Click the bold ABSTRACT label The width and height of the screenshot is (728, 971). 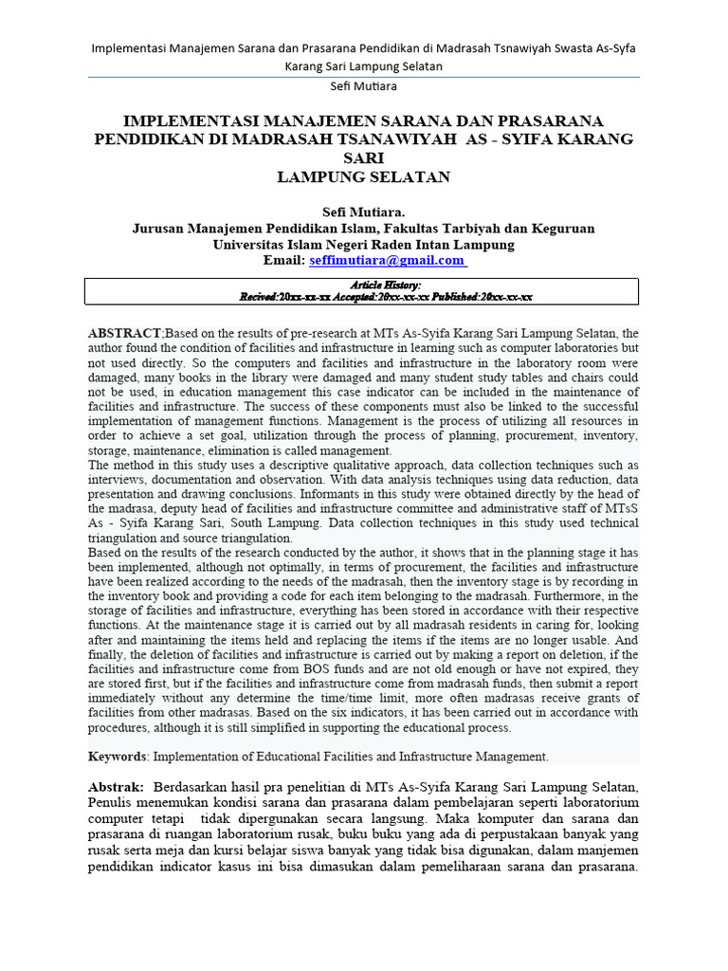click(x=125, y=334)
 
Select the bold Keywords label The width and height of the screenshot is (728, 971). click(x=118, y=756)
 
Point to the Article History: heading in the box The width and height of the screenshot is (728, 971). click(x=386, y=284)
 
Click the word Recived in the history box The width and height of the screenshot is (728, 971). click(x=257, y=297)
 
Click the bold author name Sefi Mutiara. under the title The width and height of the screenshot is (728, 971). click(x=364, y=211)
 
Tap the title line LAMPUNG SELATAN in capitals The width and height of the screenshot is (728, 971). click(x=364, y=176)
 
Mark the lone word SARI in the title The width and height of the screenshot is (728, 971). click(x=364, y=157)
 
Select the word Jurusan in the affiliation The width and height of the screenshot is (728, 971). click(x=160, y=229)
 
